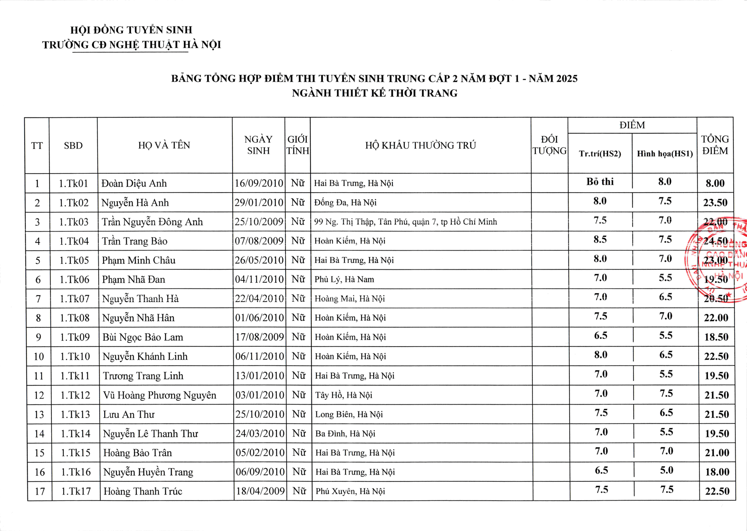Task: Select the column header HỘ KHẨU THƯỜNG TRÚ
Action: click(421, 145)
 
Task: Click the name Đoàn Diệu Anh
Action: click(134, 183)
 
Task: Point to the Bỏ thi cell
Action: click(600, 182)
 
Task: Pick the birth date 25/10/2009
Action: click(259, 222)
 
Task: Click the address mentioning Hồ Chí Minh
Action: click(405, 222)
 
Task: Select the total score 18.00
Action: click(717, 472)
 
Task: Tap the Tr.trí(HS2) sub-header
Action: click(600, 154)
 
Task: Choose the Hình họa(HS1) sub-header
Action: click(664, 154)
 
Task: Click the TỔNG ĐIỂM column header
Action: click(715, 145)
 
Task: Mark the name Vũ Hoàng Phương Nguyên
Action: click(160, 395)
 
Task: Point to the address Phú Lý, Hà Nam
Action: click(344, 279)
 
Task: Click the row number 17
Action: click(40, 491)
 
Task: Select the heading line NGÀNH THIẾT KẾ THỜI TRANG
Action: click(375, 93)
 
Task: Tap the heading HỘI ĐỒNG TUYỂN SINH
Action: click(131, 30)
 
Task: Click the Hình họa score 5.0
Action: click(666, 470)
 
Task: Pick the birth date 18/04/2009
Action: click(260, 491)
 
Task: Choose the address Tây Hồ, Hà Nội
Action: click(343, 395)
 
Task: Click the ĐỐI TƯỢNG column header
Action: click(549, 145)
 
